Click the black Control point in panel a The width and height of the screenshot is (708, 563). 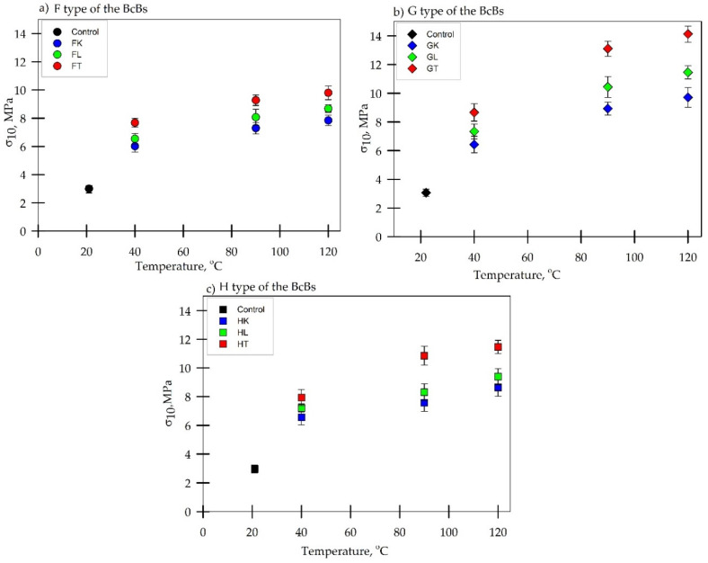(x=89, y=189)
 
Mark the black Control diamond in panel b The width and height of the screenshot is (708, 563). (x=426, y=192)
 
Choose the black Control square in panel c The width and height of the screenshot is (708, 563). (x=254, y=469)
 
